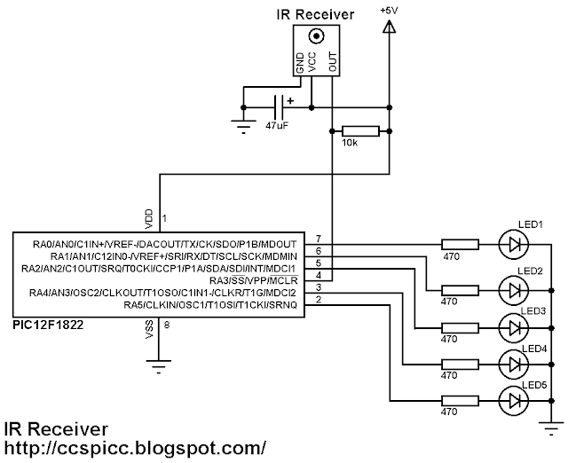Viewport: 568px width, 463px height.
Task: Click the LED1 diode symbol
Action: click(513, 243)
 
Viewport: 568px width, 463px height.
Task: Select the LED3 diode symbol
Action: click(513, 327)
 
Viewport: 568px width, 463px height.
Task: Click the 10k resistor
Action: click(361, 131)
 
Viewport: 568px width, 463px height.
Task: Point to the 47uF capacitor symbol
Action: click(281, 108)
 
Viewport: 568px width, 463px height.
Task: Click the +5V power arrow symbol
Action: click(388, 28)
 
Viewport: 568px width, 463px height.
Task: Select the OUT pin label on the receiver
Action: click(332, 63)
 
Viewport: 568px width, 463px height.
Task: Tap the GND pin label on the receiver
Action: click(300, 63)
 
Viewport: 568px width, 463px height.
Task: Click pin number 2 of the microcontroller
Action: click(319, 299)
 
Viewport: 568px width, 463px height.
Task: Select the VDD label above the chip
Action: click(148, 216)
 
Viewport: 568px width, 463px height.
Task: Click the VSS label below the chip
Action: click(148, 330)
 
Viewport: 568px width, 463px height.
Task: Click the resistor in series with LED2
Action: click(461, 289)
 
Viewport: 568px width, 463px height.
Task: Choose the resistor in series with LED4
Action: click(461, 363)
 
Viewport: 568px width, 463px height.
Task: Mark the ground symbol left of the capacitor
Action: click(242, 125)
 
